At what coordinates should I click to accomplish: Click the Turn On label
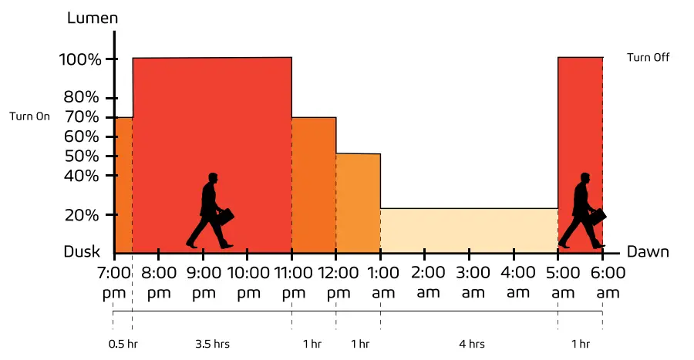point(29,117)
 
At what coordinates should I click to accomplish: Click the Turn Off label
point(648,58)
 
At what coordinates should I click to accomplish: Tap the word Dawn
point(647,252)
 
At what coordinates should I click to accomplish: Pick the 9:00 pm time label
point(203,282)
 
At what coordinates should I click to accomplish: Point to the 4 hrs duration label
point(470,344)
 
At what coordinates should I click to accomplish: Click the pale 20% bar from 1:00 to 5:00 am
point(469,230)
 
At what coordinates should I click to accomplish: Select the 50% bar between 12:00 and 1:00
point(358,204)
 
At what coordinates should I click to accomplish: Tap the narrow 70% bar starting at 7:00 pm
point(123,185)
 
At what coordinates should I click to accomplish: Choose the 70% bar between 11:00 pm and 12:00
point(313,185)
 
